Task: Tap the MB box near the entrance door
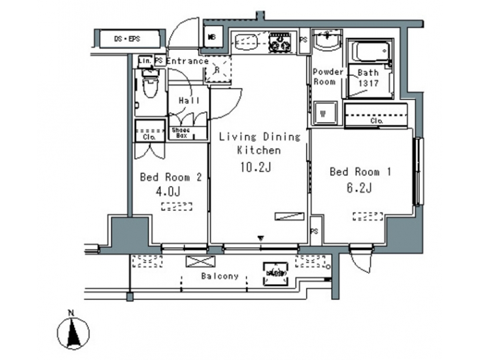[213, 37]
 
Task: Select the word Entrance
[187, 61]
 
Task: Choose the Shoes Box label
[181, 133]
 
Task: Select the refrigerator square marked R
[218, 69]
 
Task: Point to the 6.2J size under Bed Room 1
[359, 187]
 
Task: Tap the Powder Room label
[327, 77]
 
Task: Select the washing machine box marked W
[323, 113]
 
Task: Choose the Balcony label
[219, 276]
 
